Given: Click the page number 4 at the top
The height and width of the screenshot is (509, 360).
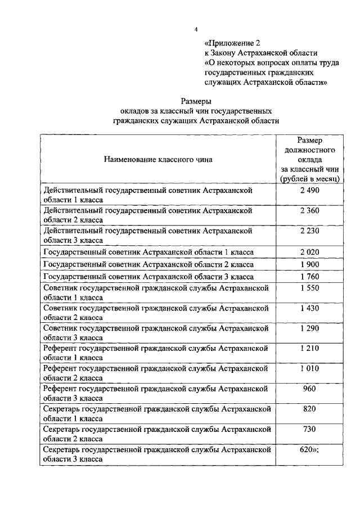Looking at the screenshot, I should point(196,29).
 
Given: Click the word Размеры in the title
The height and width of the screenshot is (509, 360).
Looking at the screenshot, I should point(196,101).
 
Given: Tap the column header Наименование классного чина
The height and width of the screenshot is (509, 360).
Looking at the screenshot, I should point(158,159).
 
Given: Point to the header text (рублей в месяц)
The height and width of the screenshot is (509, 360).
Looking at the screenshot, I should point(310,178).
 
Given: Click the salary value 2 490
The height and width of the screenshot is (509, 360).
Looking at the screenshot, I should point(310,191).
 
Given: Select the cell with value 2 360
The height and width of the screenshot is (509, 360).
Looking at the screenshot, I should point(310,210).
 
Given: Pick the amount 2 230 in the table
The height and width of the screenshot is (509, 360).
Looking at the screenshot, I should point(310,231).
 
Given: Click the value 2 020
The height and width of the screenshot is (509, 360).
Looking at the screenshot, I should point(310,251).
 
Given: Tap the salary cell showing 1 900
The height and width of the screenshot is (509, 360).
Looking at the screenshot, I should point(310,264).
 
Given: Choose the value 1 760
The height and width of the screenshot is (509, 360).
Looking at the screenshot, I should point(310,277).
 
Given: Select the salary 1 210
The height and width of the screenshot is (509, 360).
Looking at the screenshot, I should point(310,348).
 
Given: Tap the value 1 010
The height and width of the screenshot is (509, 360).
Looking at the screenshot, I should point(310,368).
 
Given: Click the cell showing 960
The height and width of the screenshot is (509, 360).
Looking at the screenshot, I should point(310,389).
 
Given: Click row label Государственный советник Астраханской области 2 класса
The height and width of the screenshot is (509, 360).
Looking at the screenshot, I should point(148,264).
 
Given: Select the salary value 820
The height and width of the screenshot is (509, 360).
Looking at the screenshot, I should point(310,409).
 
